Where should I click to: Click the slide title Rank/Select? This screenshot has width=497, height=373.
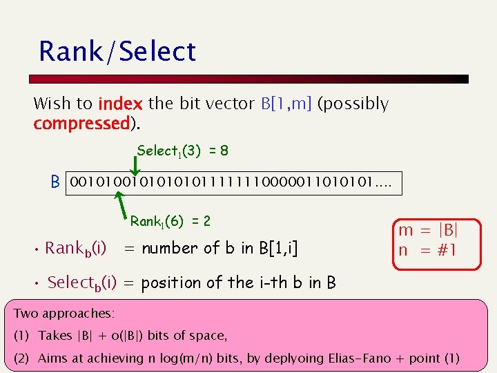pyautogui.click(x=117, y=52)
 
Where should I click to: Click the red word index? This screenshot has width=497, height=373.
pyautogui.click(x=120, y=104)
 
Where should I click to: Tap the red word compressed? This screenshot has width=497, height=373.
pyautogui.click(x=81, y=124)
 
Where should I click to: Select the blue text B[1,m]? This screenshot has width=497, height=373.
pyautogui.click(x=286, y=104)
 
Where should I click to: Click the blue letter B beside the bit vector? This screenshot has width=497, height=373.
pyautogui.click(x=55, y=184)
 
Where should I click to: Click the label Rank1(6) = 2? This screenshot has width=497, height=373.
pyautogui.click(x=170, y=222)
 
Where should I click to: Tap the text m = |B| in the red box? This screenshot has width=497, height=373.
pyautogui.click(x=428, y=230)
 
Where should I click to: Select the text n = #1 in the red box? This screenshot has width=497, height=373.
pyautogui.click(x=427, y=250)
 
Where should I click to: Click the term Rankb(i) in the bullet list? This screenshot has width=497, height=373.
pyautogui.click(x=75, y=249)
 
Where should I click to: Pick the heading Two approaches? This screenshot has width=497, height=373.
pyautogui.click(x=64, y=314)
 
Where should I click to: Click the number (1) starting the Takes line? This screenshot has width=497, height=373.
pyautogui.click(x=23, y=336)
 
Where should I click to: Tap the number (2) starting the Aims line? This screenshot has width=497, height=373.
pyautogui.click(x=23, y=358)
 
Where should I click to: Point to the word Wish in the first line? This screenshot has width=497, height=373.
pyautogui.click(x=53, y=104)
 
